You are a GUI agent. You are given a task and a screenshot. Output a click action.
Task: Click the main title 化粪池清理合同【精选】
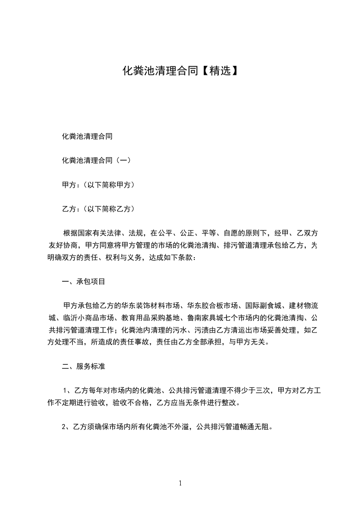pos(180,71)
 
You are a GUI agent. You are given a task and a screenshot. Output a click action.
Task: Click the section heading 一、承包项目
pos(84,282)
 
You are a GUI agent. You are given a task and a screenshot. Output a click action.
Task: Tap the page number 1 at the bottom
pos(180,483)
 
